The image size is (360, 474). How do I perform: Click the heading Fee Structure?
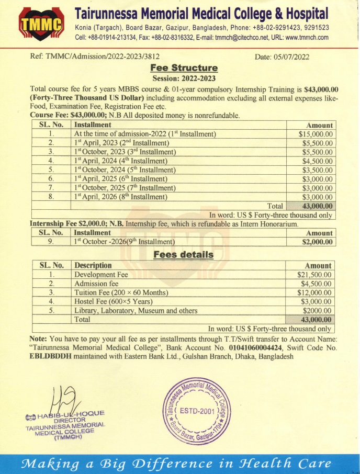[184, 67]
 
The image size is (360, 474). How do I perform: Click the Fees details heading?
[183, 255]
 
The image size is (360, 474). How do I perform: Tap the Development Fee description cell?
[101, 275]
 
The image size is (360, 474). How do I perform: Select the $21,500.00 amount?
[314, 275]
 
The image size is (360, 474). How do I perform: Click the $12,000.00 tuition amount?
[314, 292]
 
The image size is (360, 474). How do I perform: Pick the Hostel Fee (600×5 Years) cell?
[113, 301]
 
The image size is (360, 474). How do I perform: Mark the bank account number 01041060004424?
[254, 348]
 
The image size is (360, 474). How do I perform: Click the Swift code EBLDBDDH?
[50, 356]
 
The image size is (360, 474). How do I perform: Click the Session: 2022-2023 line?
[184, 78]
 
